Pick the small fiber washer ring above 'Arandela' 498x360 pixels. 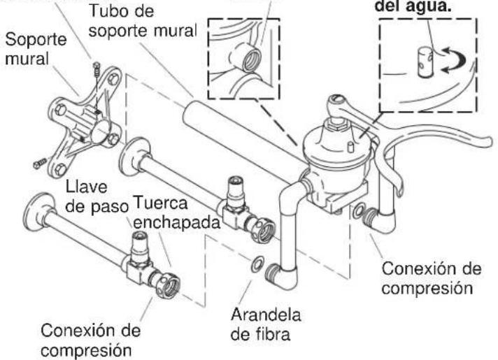coord(258,264)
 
